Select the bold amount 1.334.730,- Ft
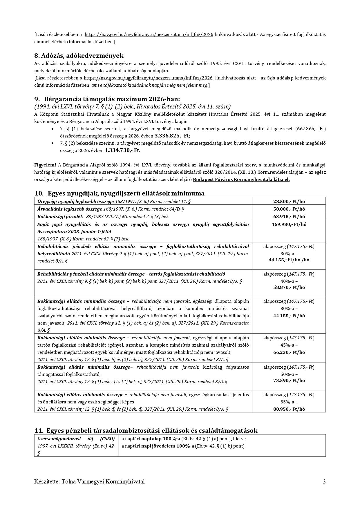pyautogui.click(x=122, y=150)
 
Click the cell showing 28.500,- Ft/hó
pyautogui.click(x=289, y=201)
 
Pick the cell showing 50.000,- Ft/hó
pyautogui.click(x=289, y=209)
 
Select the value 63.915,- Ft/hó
pyautogui.click(x=289, y=216)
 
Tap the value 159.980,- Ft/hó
pyautogui.click(x=289, y=224)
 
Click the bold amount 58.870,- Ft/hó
pyautogui.click(x=289, y=287)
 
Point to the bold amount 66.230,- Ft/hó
pyautogui.click(x=289, y=352)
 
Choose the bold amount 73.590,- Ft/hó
pyautogui.click(x=289, y=380)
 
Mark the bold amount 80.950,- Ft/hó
pyautogui.click(x=289, y=409)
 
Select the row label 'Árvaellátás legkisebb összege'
pyautogui.click(x=70, y=209)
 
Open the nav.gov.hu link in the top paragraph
pyautogui.click(x=149, y=34)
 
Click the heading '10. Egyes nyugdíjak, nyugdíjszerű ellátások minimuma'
pyautogui.click(x=119, y=193)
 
